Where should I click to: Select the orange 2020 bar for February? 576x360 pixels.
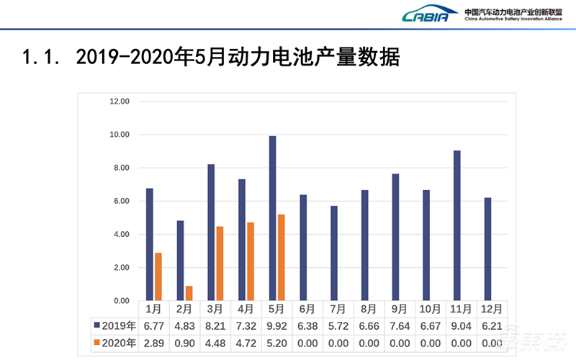[189, 293]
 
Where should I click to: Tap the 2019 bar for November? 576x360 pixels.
[456, 225]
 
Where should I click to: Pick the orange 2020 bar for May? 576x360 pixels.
[282, 257]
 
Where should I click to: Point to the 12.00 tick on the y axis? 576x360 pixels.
[119, 102]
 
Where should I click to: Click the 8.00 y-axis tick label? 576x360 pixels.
[119, 168]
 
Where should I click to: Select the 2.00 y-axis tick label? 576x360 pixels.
[119, 267]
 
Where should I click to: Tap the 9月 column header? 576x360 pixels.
[400, 309]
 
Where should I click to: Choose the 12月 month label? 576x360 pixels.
[492, 309]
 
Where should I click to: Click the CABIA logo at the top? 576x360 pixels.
[430, 14]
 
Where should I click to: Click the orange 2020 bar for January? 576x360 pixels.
[158, 276]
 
